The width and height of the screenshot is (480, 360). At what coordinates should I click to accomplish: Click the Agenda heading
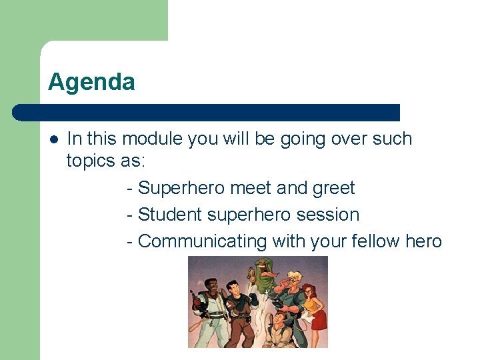[91, 82]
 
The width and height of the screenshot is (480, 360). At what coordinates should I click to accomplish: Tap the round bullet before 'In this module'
[53, 139]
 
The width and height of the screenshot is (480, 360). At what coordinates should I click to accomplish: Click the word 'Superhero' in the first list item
[181, 189]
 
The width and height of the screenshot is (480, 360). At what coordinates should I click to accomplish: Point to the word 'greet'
[333, 189]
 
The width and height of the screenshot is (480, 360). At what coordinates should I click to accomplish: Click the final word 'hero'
[423, 241]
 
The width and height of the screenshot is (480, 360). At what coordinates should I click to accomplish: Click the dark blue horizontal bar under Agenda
[207, 112]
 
